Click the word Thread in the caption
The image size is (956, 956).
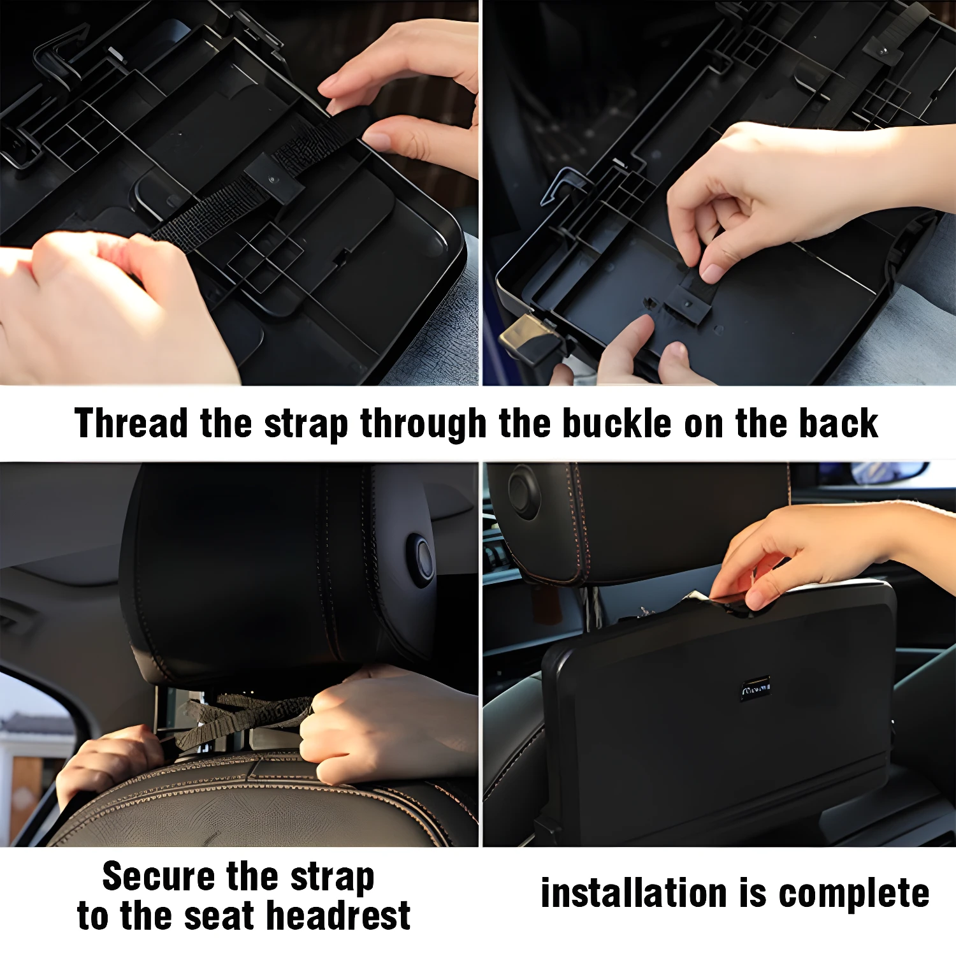coord(131,423)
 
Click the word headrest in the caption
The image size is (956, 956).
coord(338,916)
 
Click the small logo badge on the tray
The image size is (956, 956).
coord(755,688)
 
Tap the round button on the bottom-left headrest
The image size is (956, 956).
coord(421,560)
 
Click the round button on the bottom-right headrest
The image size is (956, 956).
coord(524,491)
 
